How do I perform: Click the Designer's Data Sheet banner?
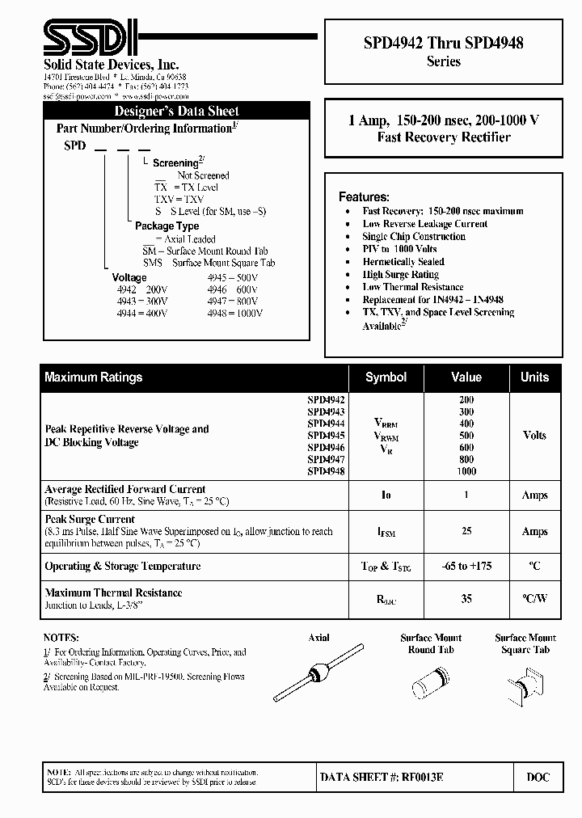[x=176, y=112]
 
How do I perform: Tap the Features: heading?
[x=364, y=196]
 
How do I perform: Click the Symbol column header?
[x=386, y=377]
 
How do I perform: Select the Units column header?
[x=534, y=377]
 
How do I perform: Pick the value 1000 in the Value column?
[x=466, y=471]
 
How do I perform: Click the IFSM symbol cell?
[x=386, y=532]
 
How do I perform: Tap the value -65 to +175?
[x=466, y=567]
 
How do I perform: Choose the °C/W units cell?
[x=534, y=599]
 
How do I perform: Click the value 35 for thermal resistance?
[x=466, y=599]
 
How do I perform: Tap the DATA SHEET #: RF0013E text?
[x=382, y=777]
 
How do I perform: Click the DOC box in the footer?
[x=538, y=777]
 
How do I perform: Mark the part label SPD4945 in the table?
[x=326, y=435]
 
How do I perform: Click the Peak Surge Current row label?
[x=90, y=519]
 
